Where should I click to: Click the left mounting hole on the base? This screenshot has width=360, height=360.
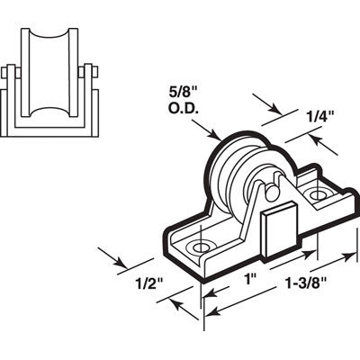[198, 245]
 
